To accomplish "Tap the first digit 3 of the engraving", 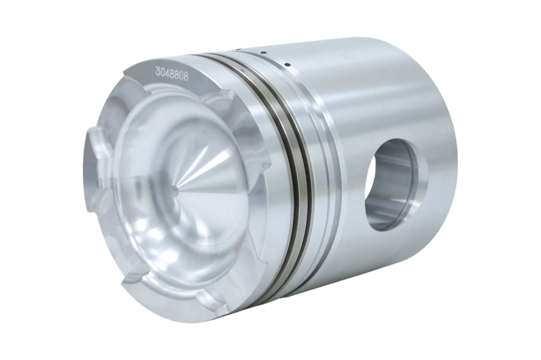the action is click(157, 72).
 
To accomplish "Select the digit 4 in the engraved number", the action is click(167, 74).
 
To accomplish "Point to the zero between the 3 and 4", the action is click(162, 73).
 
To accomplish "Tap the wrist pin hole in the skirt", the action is click(399, 184).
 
